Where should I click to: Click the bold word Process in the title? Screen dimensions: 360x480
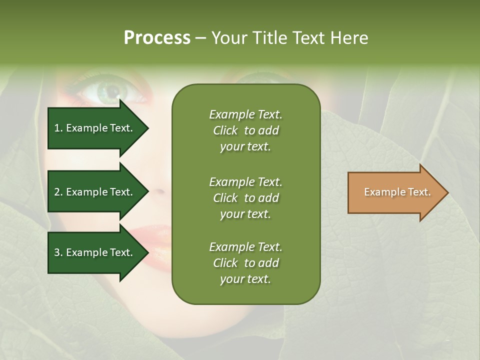click(x=157, y=38)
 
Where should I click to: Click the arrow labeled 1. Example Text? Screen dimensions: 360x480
click(x=95, y=128)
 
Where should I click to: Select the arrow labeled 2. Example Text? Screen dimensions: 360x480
click(x=95, y=192)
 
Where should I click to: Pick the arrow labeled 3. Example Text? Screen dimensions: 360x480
click(x=95, y=252)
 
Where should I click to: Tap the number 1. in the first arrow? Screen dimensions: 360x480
click(x=58, y=128)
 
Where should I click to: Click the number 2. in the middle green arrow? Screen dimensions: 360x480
click(x=58, y=192)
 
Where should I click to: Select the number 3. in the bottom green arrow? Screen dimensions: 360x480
click(x=58, y=252)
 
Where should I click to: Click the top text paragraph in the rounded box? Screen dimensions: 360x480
click(x=245, y=130)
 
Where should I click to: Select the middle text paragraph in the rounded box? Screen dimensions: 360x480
click(x=245, y=198)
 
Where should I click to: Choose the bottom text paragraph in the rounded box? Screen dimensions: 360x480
click(x=245, y=263)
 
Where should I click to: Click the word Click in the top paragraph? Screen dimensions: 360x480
click(x=225, y=130)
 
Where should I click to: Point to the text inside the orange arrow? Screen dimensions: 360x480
click(x=397, y=192)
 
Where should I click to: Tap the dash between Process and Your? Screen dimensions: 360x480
click(x=200, y=38)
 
